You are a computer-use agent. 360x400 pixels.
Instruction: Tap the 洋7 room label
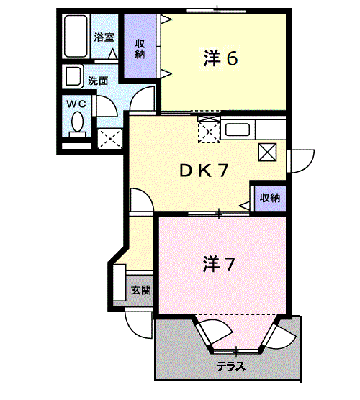pos(218,265)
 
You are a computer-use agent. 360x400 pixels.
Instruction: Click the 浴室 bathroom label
pos(104,37)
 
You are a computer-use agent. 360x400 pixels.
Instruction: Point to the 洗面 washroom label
pos(98,81)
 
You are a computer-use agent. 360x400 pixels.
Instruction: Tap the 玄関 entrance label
pos(140,291)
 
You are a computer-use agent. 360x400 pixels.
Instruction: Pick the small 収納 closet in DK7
pos(269,197)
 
